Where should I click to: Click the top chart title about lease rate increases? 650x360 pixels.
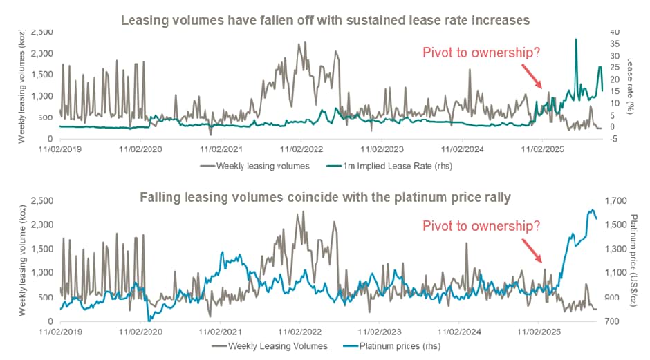pyautogui.click(x=325, y=20)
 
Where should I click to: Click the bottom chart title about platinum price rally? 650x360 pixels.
pyautogui.click(x=325, y=197)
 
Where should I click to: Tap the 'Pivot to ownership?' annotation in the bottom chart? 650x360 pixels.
pyautogui.click(x=480, y=226)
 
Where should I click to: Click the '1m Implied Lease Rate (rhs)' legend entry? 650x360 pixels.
pyautogui.click(x=401, y=166)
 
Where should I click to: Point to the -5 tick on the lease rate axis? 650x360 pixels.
pyautogui.click(x=615, y=138)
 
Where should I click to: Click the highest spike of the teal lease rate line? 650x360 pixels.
pyautogui.click(x=576, y=39)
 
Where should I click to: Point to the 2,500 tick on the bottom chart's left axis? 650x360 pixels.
pyautogui.click(x=39, y=201)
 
